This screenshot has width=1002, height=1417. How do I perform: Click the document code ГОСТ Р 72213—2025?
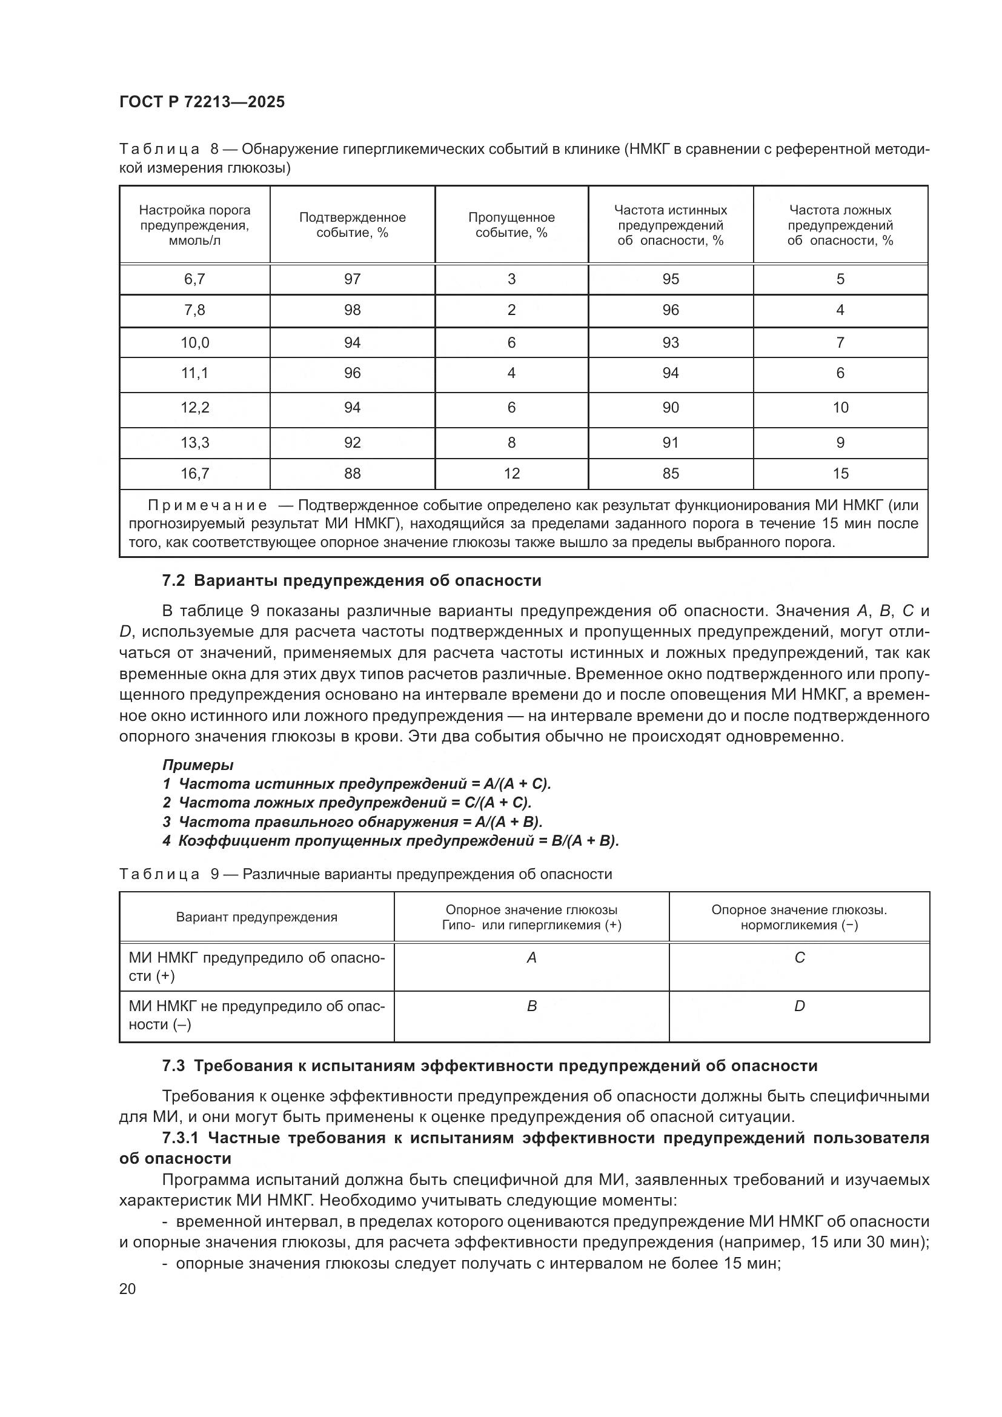click(x=202, y=102)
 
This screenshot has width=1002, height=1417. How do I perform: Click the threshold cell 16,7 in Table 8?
click(x=194, y=473)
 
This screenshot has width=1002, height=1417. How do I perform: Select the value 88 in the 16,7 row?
click(x=353, y=473)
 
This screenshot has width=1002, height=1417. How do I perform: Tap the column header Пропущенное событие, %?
click(x=511, y=225)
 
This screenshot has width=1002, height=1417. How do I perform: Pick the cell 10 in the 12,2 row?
click(x=840, y=407)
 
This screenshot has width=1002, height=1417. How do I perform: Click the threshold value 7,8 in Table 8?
click(x=194, y=310)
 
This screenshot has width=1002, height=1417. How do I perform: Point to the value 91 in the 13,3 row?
click(x=670, y=442)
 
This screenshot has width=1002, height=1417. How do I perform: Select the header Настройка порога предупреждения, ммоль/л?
click(x=194, y=225)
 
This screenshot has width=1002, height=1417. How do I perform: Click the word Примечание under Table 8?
click(x=207, y=505)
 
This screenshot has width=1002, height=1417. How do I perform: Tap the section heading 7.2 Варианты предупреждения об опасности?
click(x=352, y=581)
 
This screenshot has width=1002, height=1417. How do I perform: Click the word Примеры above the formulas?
click(x=197, y=765)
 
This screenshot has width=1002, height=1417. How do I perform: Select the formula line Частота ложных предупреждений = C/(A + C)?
click(x=355, y=803)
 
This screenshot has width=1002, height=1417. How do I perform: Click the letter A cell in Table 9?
click(x=531, y=958)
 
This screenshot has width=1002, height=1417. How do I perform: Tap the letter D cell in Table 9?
click(x=799, y=1007)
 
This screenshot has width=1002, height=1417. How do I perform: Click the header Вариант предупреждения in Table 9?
click(x=257, y=917)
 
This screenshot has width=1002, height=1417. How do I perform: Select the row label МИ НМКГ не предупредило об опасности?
click(x=256, y=1015)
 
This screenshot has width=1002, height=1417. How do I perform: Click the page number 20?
click(x=127, y=1289)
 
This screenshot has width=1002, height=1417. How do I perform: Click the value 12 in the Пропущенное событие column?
click(x=511, y=473)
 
